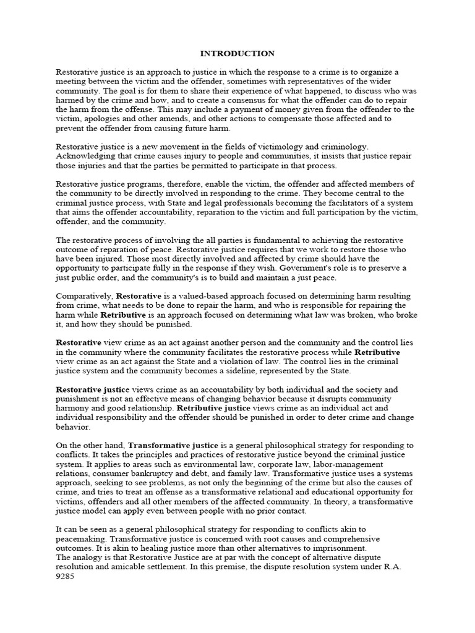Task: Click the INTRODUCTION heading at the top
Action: tap(237, 54)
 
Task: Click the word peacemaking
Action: tap(81, 539)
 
